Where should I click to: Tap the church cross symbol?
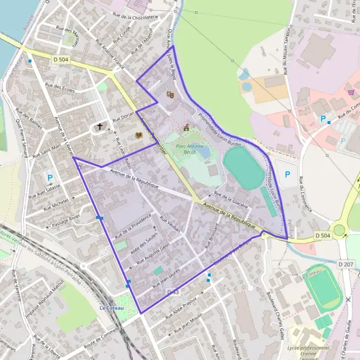point(100,127)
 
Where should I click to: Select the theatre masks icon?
point(170,94)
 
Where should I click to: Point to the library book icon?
point(139,136)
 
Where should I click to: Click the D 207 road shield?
point(346,263)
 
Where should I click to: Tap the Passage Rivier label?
point(66,221)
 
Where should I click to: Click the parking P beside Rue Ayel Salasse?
point(50,178)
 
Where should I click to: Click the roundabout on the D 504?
point(340,230)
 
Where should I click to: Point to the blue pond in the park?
point(206,152)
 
